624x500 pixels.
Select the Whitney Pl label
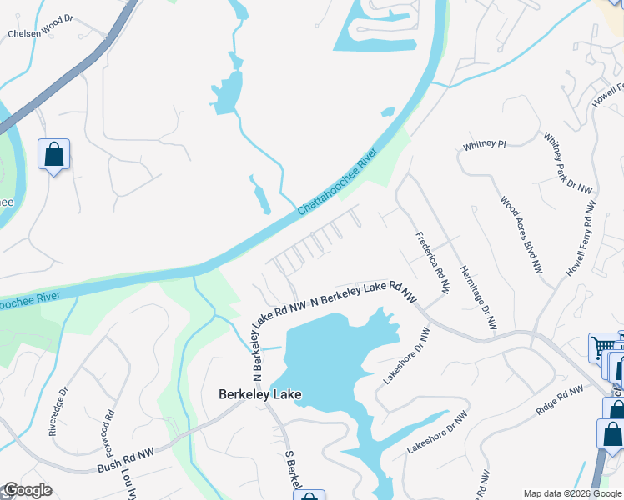(x=485, y=145)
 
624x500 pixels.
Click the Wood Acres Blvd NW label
(x=521, y=236)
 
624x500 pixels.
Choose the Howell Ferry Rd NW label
(x=581, y=238)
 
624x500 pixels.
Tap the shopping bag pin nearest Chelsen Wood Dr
(x=53, y=154)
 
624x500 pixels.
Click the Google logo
(x=27, y=491)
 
